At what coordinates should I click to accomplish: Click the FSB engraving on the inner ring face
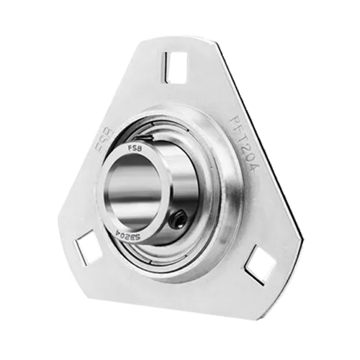point(134,149)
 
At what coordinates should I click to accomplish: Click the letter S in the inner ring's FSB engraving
point(134,149)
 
